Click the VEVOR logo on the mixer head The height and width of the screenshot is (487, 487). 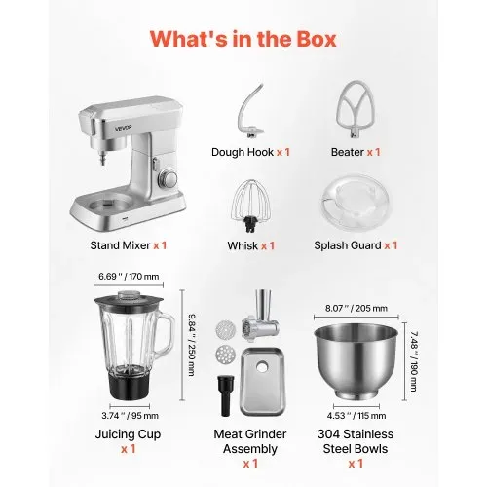click(124, 128)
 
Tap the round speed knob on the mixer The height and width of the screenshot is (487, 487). click(169, 178)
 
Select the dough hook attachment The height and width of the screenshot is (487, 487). click(250, 112)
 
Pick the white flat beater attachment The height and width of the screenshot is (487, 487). click(356, 111)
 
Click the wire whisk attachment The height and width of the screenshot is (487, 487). click(251, 206)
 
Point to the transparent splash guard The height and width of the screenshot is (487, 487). click(356, 203)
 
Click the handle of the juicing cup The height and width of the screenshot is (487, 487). click(168, 333)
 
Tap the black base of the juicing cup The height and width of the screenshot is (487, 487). click(130, 385)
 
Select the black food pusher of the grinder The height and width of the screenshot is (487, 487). click(226, 395)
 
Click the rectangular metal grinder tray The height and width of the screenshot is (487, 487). click(263, 382)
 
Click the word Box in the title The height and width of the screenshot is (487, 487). click(316, 39)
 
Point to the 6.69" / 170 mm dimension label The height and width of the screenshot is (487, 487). click(129, 277)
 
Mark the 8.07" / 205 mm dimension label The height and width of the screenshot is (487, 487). click(356, 308)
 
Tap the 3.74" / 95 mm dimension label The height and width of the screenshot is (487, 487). click(130, 416)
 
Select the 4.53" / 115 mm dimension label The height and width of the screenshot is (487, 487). click(356, 416)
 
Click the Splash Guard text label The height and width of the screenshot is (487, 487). click(348, 245)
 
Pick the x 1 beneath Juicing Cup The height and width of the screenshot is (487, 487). click(128, 449)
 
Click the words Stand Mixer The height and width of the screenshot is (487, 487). click(120, 245)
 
